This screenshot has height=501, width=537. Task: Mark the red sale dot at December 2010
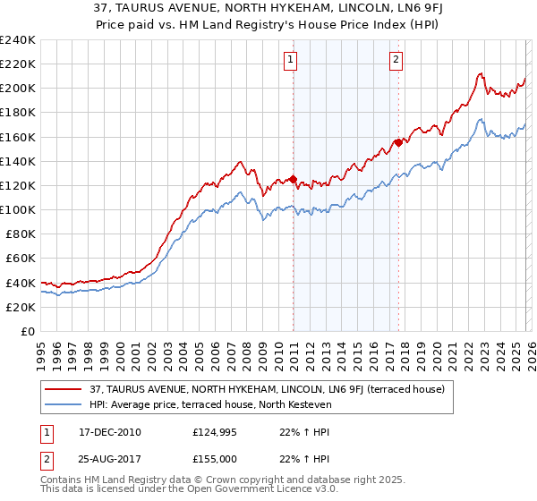[293, 180]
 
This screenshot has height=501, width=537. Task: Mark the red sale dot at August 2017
[398, 141]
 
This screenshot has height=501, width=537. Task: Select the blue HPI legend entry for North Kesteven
[210, 404]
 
